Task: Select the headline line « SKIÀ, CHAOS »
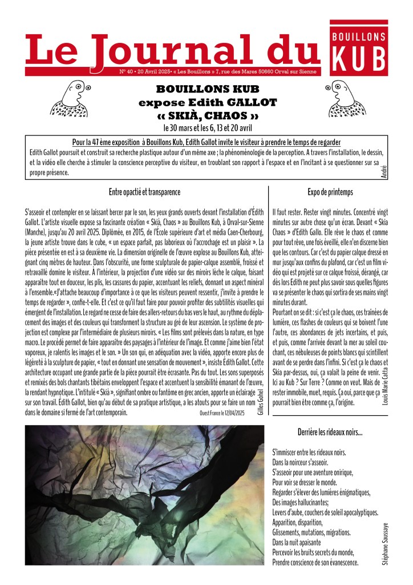point(208,116)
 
